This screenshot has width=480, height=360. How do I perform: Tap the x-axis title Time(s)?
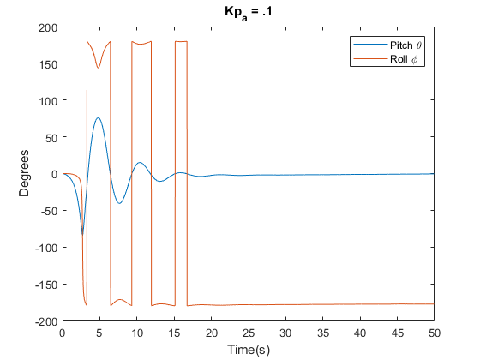[x=249, y=349]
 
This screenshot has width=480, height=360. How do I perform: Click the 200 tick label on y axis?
[x=47, y=27]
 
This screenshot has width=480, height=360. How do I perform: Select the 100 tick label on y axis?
[x=47, y=101]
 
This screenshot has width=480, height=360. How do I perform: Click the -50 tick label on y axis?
[x=48, y=211]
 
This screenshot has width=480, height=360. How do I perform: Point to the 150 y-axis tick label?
[x=47, y=64]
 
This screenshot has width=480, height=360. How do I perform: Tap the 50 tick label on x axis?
[x=435, y=333]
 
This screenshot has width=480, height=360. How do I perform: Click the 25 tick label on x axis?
[x=249, y=333]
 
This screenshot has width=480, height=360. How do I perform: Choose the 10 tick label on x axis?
[x=137, y=333]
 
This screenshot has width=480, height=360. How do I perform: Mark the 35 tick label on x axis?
[x=323, y=333]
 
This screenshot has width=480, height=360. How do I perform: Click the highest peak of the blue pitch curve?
[x=99, y=117]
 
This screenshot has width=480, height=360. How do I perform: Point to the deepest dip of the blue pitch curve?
[x=83, y=233]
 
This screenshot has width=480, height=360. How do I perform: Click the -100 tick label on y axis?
[x=45, y=248]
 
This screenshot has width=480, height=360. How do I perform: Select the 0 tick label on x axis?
[x=63, y=333]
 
